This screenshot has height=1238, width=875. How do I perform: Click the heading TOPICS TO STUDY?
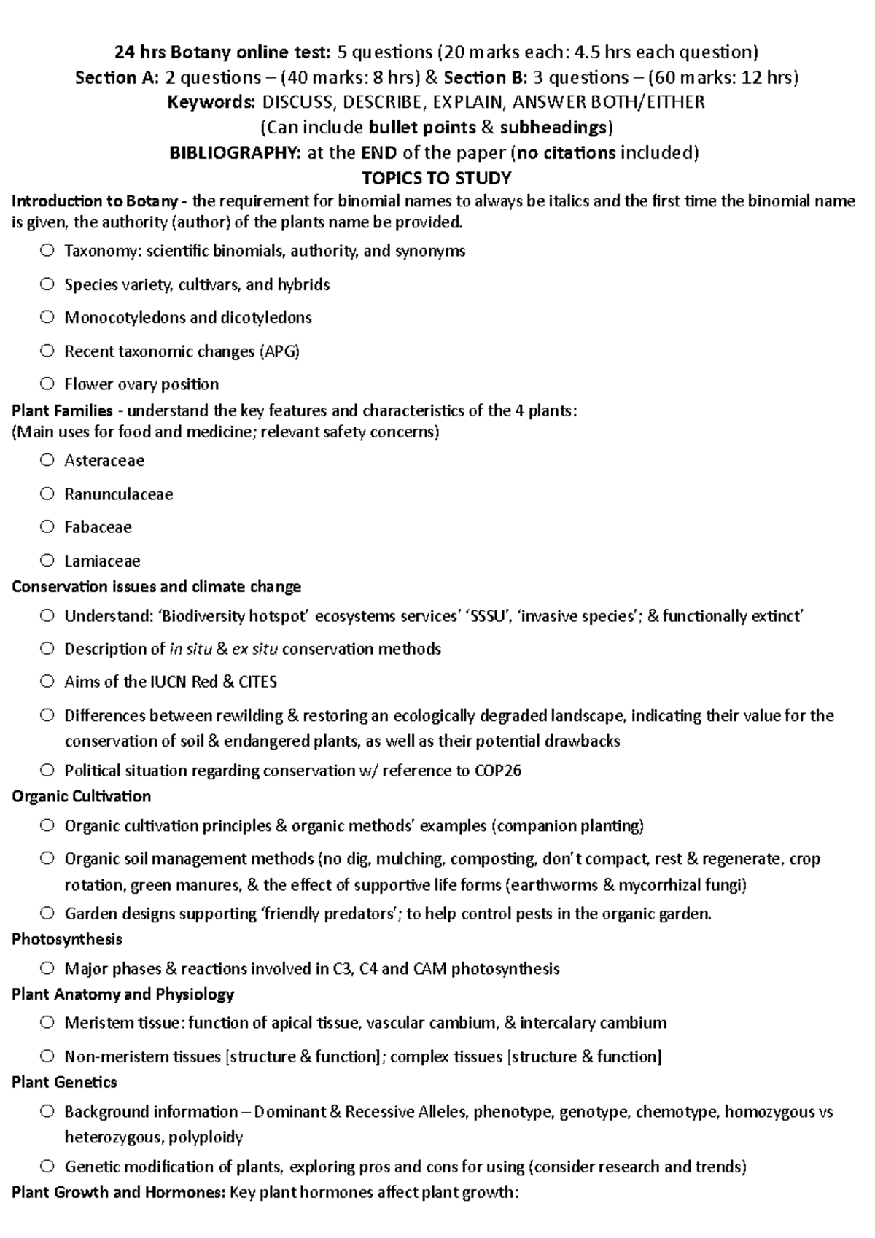tap(436, 178)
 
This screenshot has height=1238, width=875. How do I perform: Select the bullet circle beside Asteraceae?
tap(47, 460)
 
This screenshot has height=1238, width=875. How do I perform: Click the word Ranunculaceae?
tap(118, 494)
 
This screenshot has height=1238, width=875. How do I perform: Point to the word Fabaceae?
tap(98, 527)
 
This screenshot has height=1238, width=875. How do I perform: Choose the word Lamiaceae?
tap(102, 561)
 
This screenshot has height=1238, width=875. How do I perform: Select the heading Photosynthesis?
tap(67, 939)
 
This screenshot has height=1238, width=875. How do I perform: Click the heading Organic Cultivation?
tap(81, 796)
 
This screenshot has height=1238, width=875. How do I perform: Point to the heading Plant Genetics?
tap(64, 1082)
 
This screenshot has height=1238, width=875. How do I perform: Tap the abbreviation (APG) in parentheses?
tap(279, 351)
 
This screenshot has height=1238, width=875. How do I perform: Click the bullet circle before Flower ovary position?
tap(47, 384)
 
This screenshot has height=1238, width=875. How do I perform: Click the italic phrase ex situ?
tap(254, 649)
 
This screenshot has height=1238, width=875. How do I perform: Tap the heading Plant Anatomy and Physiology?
tap(122, 994)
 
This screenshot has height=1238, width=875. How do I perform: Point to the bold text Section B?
tap(484, 77)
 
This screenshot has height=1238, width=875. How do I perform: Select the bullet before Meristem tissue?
tap(47, 1022)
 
